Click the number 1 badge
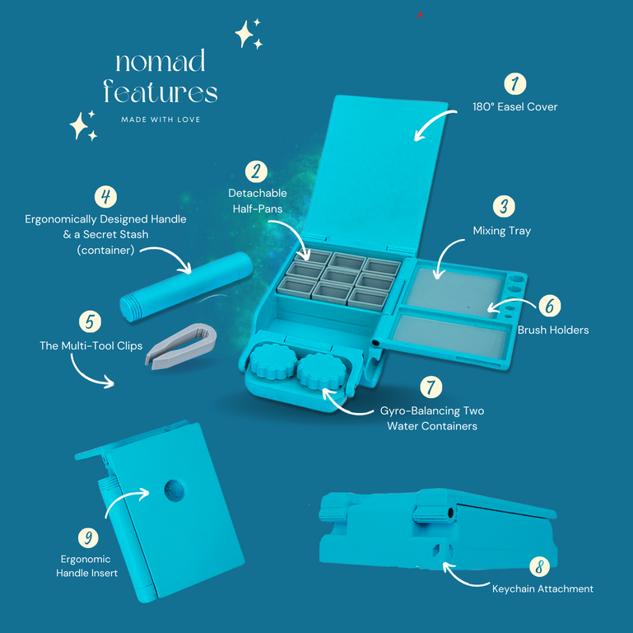514,84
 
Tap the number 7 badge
431,387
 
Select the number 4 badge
105,197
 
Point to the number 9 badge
88,537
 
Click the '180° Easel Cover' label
514,106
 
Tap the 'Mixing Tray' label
502,231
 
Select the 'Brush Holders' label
553,330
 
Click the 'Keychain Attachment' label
542,588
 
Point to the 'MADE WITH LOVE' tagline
161,120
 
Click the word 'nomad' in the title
161,61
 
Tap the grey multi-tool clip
181,345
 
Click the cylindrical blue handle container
186,286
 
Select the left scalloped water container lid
274,361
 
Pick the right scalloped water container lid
322,371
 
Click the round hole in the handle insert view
174,490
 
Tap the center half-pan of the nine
339,277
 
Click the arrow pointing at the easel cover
434,124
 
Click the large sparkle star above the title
244,34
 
